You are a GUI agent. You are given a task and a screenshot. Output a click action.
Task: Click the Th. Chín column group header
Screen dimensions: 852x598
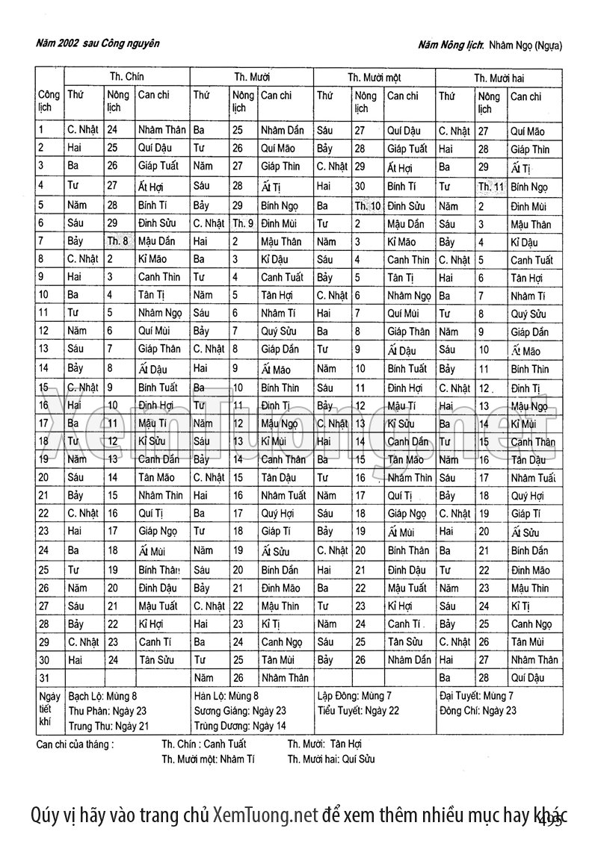pyautogui.click(x=126, y=77)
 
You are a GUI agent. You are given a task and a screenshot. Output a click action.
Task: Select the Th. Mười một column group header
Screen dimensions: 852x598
pyautogui.click(x=374, y=78)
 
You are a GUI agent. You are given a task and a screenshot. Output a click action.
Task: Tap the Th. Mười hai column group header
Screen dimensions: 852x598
pyautogui.click(x=499, y=78)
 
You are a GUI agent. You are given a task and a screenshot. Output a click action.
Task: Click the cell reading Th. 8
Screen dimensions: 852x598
pyautogui.click(x=118, y=240)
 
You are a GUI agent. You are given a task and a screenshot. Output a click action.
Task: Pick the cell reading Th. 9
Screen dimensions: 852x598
pyautogui.click(x=243, y=223)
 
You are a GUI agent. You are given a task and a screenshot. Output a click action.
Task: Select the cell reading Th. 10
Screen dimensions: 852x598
pyautogui.click(x=367, y=205)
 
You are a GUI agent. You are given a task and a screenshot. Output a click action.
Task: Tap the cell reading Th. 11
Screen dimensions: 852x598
pyautogui.click(x=491, y=187)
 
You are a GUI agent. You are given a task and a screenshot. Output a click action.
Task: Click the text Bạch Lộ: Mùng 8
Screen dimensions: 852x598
pyautogui.click(x=103, y=696)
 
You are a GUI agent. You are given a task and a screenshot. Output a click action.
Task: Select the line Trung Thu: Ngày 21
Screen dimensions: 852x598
pyautogui.click(x=108, y=725)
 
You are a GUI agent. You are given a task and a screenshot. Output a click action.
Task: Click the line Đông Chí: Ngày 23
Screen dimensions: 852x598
pyautogui.click(x=478, y=710)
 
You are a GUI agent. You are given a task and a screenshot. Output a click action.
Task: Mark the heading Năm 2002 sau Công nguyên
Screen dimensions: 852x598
pyautogui.click(x=97, y=43)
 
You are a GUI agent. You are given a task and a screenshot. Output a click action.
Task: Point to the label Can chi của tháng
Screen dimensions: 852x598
pyautogui.click(x=75, y=744)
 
